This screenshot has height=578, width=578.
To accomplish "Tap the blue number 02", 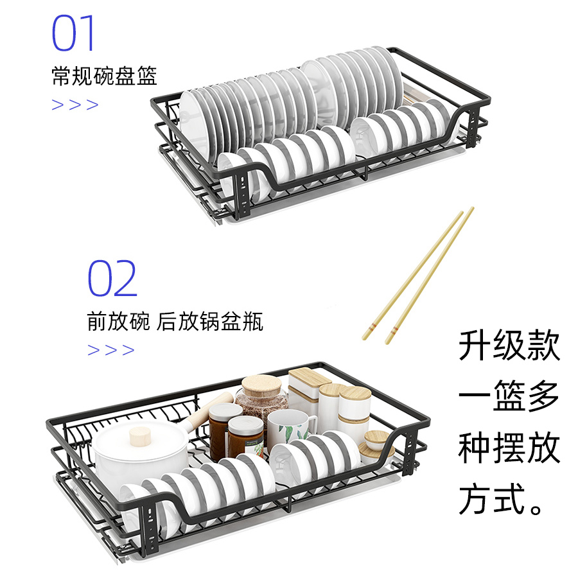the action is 112,278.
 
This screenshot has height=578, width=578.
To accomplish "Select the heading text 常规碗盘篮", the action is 104,76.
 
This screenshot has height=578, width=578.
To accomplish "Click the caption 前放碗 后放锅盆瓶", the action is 175,321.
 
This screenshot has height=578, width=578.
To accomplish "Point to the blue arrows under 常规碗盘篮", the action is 75,105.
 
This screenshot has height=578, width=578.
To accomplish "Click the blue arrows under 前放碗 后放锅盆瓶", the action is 111,350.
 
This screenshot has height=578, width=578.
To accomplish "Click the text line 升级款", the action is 509,347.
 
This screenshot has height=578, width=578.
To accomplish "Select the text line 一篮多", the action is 509,397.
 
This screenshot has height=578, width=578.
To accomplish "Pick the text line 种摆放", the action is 509,448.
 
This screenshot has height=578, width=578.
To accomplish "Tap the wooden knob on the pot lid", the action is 141,437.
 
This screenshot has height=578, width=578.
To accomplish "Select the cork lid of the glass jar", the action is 261,387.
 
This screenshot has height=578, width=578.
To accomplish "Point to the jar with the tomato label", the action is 245,433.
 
